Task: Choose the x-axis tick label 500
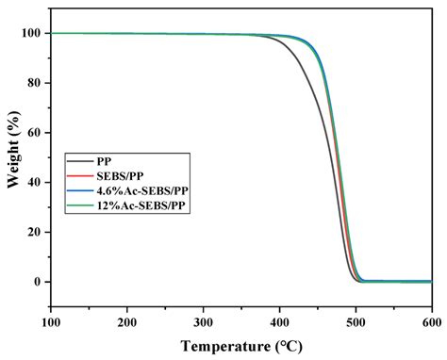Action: [356, 321]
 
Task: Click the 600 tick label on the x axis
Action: [430, 321]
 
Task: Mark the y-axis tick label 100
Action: [31, 33]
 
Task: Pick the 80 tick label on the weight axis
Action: [35, 83]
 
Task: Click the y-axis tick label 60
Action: [35, 133]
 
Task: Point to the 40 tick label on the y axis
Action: [35, 182]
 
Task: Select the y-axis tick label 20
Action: [35, 232]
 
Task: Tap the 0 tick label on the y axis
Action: [39, 282]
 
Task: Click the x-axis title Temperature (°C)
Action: [240, 346]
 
